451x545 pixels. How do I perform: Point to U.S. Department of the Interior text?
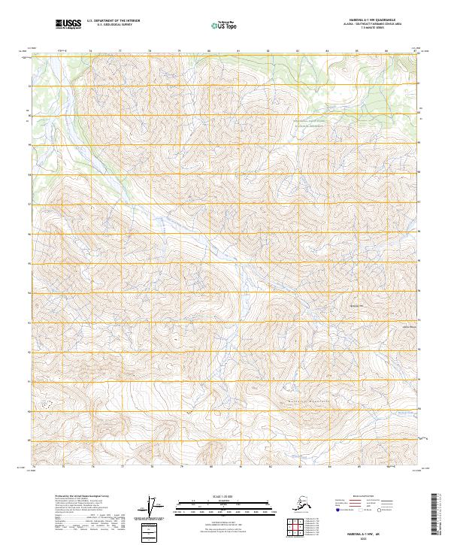113,22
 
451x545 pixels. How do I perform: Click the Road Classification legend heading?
392,498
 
